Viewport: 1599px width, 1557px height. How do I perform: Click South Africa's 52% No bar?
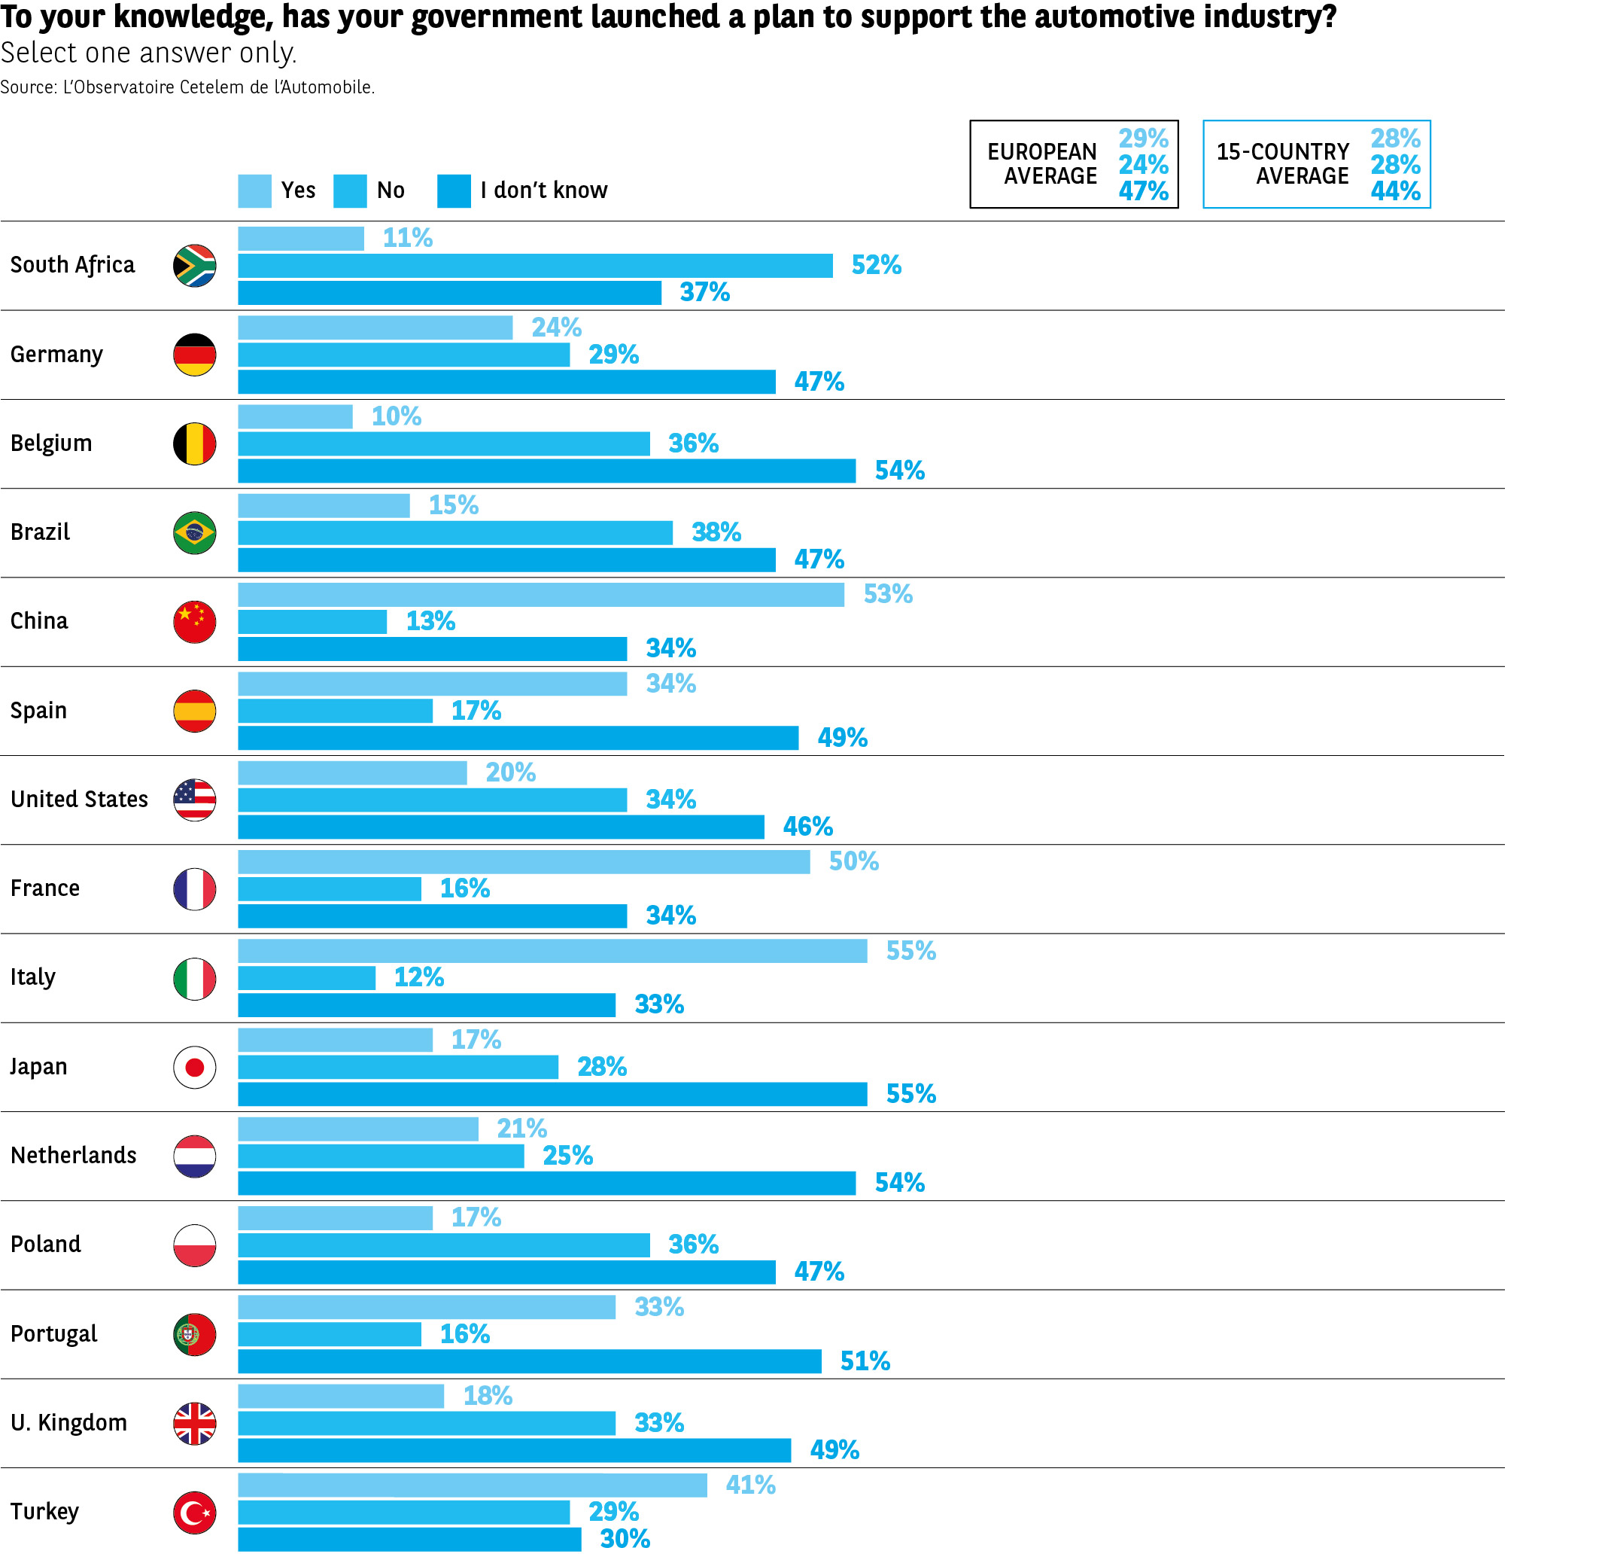[x=535, y=266]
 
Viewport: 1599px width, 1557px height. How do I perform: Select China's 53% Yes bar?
[x=540, y=595]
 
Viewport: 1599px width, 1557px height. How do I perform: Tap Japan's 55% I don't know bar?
[x=552, y=1094]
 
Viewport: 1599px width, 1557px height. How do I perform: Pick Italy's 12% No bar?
[x=306, y=977]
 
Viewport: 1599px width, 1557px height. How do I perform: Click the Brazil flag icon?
[x=195, y=533]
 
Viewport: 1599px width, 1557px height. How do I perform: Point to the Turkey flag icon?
[x=195, y=1513]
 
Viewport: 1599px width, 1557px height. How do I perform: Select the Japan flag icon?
[x=195, y=1067]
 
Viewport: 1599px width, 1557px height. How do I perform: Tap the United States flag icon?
[x=195, y=800]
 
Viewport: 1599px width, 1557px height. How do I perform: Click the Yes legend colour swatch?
[x=254, y=190]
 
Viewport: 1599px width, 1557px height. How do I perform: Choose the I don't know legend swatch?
[x=454, y=190]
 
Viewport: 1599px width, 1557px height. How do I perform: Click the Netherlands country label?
[x=74, y=1156]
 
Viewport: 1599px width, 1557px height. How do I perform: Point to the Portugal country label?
[x=54, y=1333]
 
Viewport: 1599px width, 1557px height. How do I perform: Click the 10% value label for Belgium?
[x=397, y=416]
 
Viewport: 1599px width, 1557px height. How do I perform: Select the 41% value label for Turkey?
[x=750, y=1485]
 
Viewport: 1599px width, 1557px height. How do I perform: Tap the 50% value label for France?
[x=853, y=861]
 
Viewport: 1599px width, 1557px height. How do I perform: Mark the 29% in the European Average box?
[x=1143, y=139]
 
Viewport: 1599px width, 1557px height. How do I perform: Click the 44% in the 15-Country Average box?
[x=1394, y=191]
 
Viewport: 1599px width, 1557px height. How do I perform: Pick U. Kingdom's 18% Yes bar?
[x=341, y=1396]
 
